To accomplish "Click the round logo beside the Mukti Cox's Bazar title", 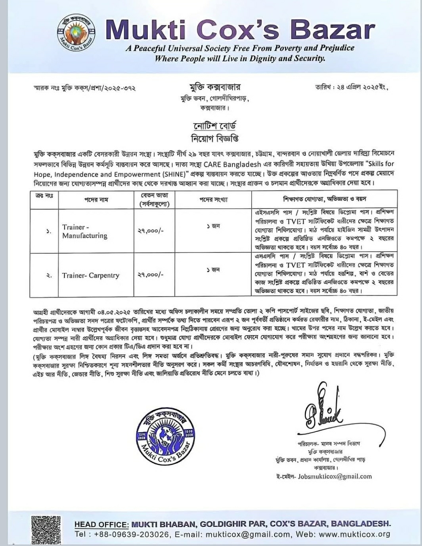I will pos(76,34).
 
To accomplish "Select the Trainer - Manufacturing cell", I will pos(84,231).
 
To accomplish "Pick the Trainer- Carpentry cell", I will pos(90,275).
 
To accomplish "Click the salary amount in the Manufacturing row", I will pos(150,231).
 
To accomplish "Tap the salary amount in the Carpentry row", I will pos(150,275).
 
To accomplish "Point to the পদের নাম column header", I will pos(96,200).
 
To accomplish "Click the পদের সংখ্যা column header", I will pos(213,200).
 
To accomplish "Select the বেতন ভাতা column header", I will pos(154,199).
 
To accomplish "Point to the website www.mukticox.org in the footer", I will pos(354,534).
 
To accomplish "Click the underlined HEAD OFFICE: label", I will pos(101,524).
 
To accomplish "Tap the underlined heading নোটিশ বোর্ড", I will pos(214,126).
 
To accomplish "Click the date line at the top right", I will pos(351,87).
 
